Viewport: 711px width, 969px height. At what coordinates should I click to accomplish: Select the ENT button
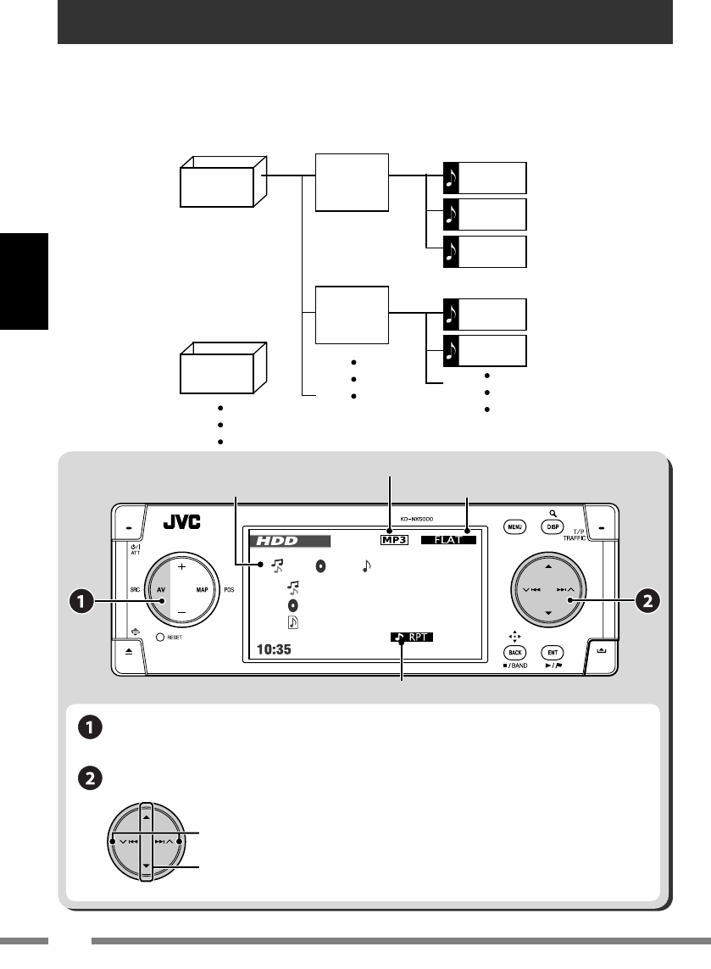click(x=553, y=653)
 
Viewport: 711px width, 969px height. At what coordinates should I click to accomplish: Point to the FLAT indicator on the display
click(x=448, y=538)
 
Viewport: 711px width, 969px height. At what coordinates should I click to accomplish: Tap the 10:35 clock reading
click(x=271, y=652)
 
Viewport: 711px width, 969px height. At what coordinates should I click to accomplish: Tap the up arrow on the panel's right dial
click(x=548, y=565)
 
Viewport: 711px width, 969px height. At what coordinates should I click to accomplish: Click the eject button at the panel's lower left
click(x=128, y=650)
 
